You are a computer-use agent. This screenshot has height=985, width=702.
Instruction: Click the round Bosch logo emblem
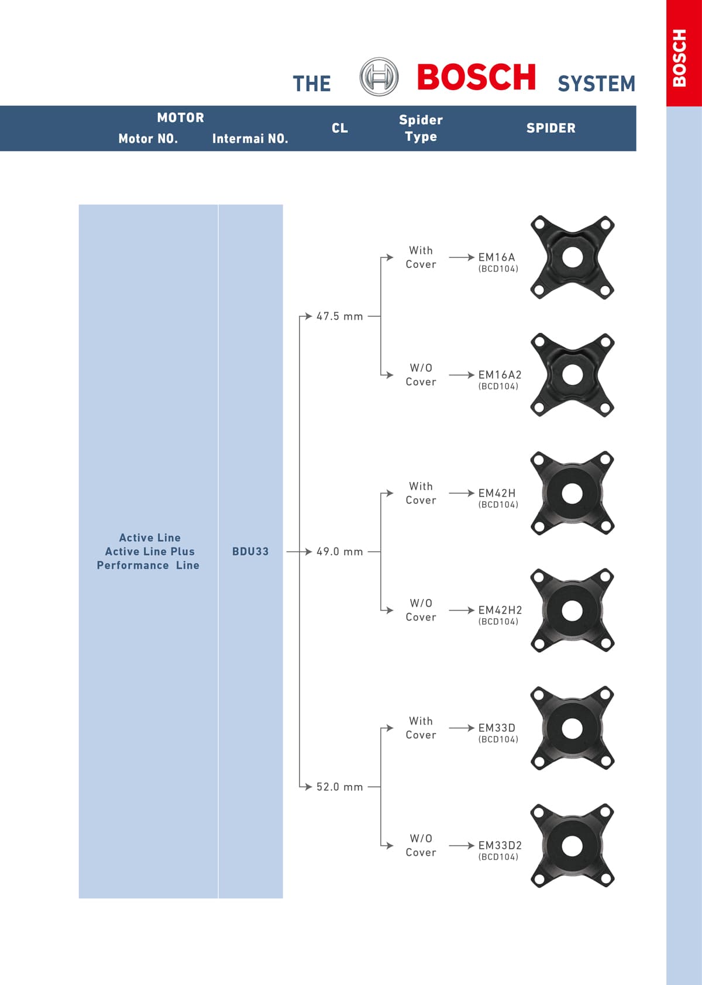(378, 77)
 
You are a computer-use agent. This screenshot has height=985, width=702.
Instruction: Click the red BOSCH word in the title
(476, 77)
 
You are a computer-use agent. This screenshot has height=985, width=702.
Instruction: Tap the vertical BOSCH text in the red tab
(680, 58)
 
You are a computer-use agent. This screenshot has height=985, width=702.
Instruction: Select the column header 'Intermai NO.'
(250, 139)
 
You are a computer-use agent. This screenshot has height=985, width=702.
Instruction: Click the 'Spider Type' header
(421, 128)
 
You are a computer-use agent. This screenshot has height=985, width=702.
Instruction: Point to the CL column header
(339, 128)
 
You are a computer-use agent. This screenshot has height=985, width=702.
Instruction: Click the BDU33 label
(250, 552)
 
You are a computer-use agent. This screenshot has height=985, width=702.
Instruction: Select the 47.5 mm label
(339, 316)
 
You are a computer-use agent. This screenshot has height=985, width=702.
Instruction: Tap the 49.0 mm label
(339, 552)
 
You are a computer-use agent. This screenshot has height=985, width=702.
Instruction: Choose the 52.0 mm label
(339, 787)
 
